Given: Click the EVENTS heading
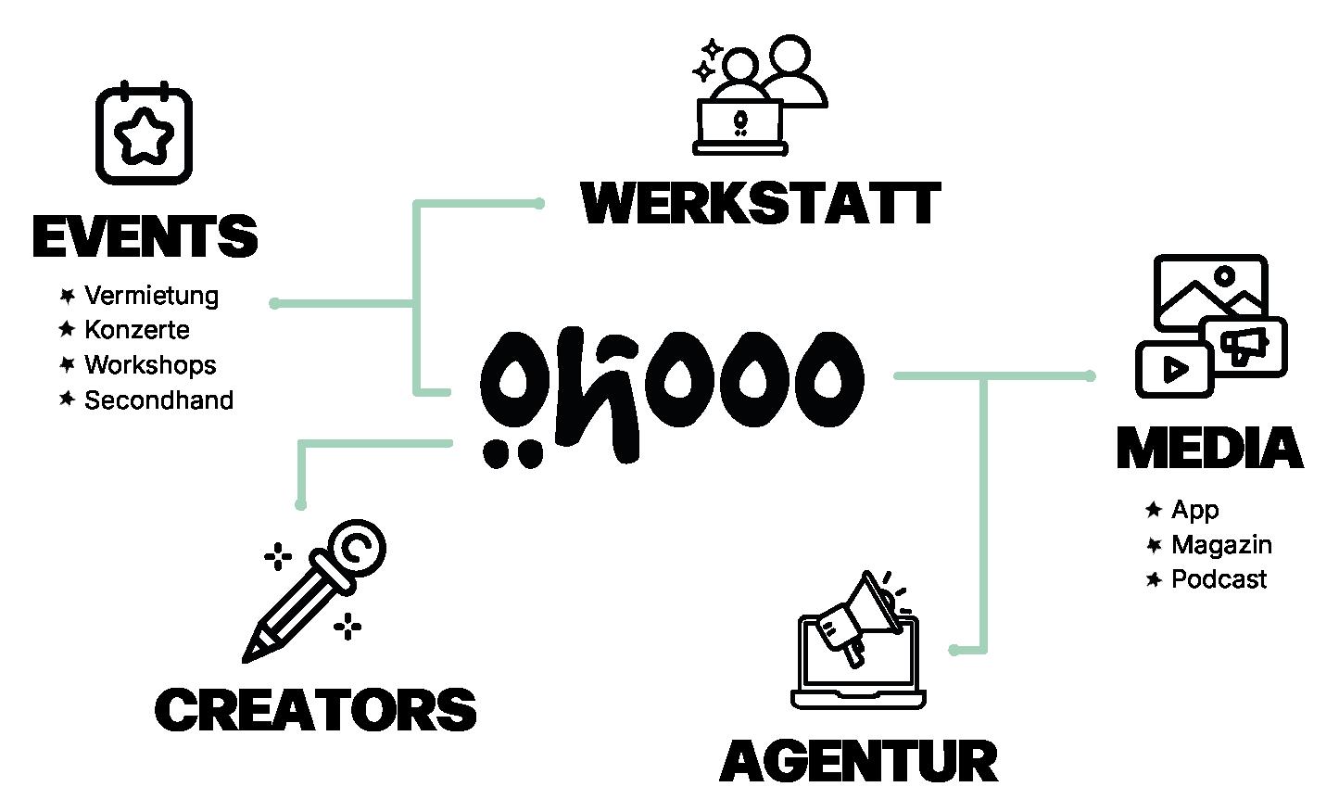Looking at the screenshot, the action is pos(145,237).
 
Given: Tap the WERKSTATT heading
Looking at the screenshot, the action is pos(760,204).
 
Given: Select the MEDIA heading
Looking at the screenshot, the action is pos(1209,449).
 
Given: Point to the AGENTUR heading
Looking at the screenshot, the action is pos(859,761).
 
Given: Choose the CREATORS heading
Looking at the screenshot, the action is pos(315,710).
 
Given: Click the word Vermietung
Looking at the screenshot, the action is pos(151,296).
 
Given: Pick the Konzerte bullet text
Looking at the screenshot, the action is pos(136,330).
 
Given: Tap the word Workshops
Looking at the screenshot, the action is pos(150,364).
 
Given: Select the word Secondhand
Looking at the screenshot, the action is pos(158,400).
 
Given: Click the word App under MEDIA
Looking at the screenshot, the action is pos(1194,510).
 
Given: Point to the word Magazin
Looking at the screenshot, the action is pos(1221,544).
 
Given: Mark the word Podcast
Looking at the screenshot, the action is pos(1219,579).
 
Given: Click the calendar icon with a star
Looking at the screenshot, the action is pos(144,133).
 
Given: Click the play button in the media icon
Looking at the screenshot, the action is pos(1175,369).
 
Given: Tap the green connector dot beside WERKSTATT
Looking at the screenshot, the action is pos(539,203).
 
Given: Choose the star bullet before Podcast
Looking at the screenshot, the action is pos(1154,579).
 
